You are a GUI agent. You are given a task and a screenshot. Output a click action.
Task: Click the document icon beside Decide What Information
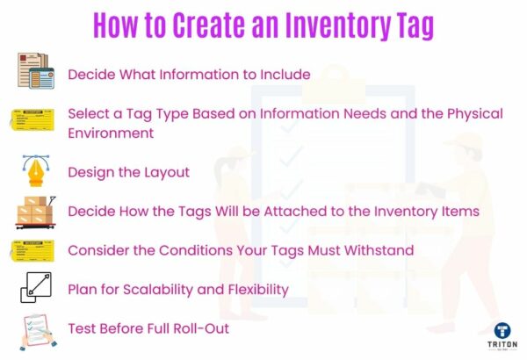(36, 71)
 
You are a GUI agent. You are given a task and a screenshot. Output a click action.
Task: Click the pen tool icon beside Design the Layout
(35, 169)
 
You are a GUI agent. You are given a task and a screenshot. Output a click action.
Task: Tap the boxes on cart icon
(35, 212)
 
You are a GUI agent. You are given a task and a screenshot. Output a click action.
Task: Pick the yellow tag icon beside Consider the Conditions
(34, 250)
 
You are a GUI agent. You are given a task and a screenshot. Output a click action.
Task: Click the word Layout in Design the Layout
(167, 172)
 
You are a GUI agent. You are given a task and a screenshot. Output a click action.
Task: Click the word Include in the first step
(284, 75)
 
